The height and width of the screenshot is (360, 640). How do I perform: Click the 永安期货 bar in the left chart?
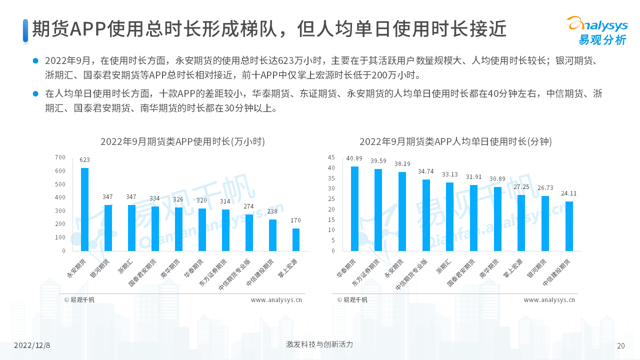[x=85, y=209]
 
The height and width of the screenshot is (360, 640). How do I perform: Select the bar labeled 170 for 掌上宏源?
[x=296, y=239]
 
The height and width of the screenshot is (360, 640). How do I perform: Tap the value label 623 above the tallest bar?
[x=85, y=160]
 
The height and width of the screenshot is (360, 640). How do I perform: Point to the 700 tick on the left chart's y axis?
[x=60, y=157]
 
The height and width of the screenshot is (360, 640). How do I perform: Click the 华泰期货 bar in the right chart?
[x=354, y=208]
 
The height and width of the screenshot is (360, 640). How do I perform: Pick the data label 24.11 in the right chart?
[x=569, y=193]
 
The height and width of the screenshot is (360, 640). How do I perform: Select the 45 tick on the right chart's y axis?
[x=331, y=157]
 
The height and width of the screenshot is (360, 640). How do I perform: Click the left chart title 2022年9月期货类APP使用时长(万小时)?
[x=182, y=141]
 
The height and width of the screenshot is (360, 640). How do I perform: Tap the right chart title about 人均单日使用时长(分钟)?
[x=455, y=141]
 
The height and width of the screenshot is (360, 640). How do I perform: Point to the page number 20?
[x=621, y=345]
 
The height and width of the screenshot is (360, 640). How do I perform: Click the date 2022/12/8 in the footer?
[x=32, y=345]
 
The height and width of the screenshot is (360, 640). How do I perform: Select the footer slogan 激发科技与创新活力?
[x=319, y=344]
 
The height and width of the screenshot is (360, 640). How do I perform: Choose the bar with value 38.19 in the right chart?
[x=402, y=211]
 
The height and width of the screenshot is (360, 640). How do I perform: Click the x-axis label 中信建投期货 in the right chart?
[x=557, y=272]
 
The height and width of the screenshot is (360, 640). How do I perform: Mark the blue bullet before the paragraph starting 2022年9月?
[x=35, y=61]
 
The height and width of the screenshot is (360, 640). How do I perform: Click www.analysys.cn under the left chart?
[x=276, y=300]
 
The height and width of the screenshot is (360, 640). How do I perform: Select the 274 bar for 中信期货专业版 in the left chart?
[x=249, y=232]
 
